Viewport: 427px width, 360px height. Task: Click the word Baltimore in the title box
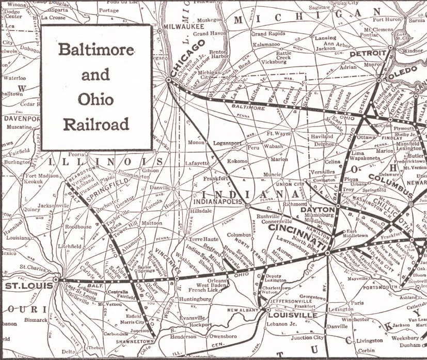click(96, 50)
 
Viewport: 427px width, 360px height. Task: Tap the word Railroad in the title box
click(96, 124)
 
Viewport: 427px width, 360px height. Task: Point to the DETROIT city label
click(368, 53)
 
